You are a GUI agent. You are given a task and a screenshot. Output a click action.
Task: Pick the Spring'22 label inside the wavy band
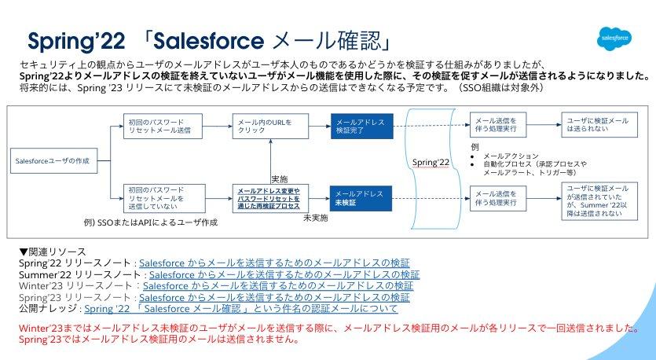click(x=431, y=161)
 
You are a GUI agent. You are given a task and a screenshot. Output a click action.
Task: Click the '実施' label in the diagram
click(x=279, y=178)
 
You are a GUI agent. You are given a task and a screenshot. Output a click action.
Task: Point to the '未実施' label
click(x=315, y=217)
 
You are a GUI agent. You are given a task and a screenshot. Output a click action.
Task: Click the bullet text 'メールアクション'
click(x=511, y=156)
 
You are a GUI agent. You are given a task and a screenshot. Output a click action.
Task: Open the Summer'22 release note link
click(x=284, y=275)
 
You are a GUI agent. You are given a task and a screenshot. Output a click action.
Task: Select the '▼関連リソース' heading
click(x=51, y=252)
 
